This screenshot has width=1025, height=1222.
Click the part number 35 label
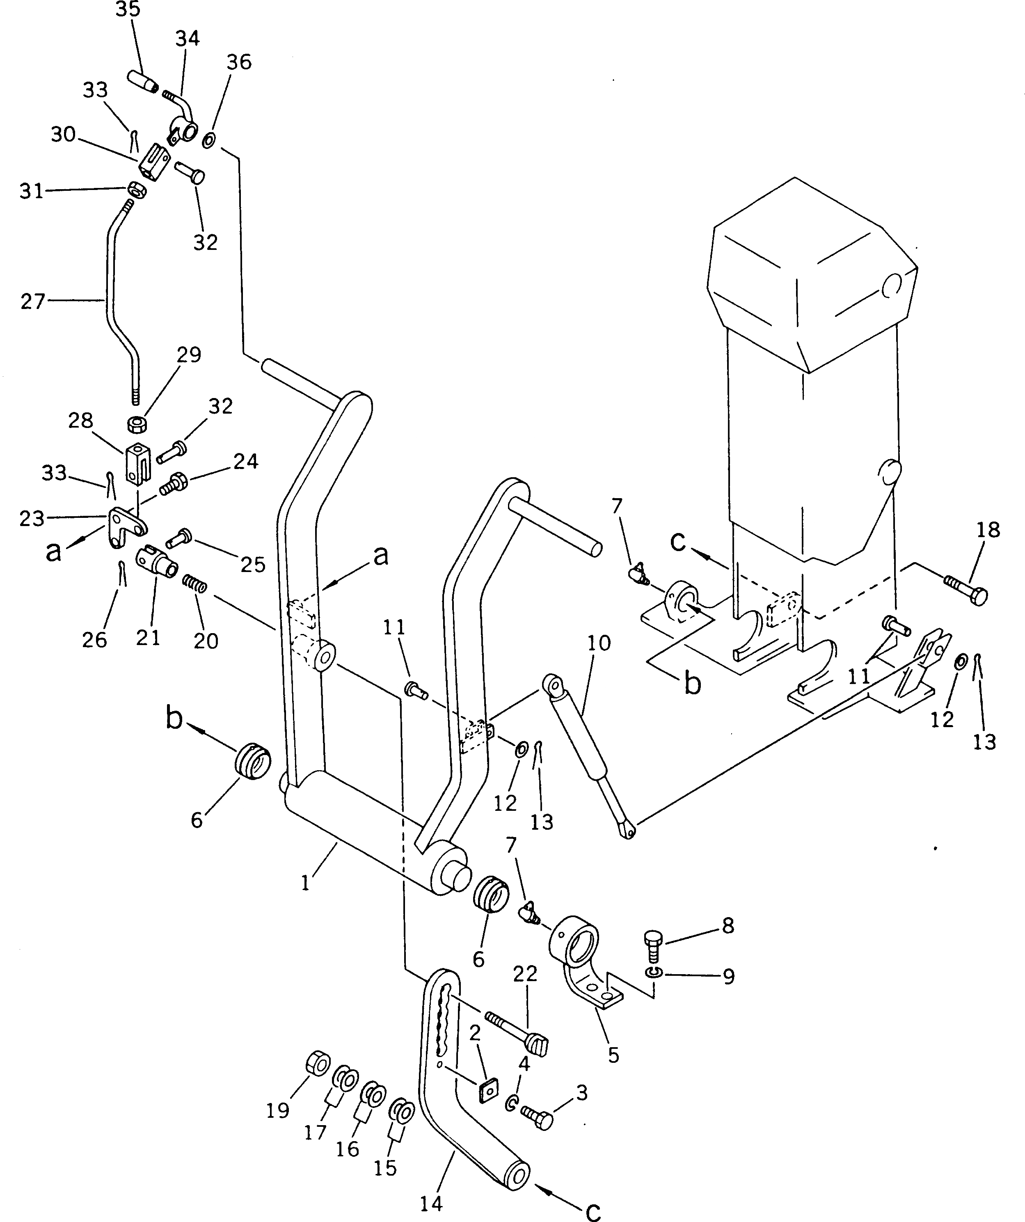pyautogui.click(x=128, y=10)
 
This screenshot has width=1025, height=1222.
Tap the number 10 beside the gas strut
pyautogui.click(x=599, y=643)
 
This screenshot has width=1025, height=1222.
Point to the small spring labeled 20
pyautogui.click(x=195, y=583)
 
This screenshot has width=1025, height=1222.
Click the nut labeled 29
pyautogui.click(x=137, y=424)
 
